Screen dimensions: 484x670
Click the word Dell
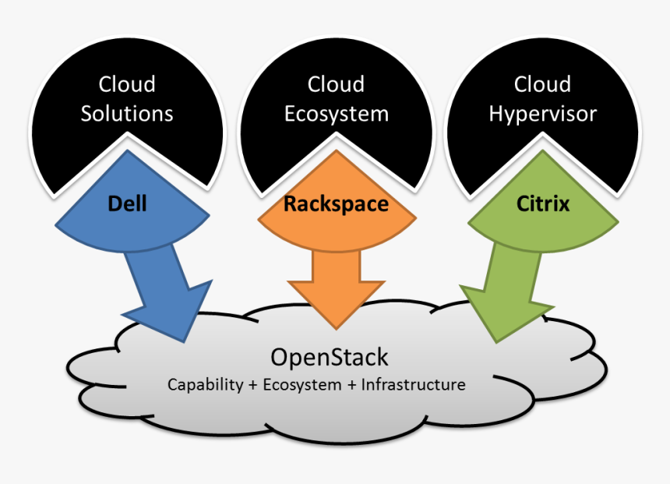127,205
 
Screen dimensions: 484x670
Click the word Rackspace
336,205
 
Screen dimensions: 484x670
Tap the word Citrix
543,205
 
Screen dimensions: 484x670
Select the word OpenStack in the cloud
329,358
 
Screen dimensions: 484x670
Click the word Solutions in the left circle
127,114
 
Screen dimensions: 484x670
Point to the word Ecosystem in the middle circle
336,114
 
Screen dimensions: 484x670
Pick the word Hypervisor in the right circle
542,114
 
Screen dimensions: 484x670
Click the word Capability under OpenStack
205,385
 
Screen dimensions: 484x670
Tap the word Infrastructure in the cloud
413,385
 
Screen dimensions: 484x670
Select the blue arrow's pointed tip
186,341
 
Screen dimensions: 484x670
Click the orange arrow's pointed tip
336,327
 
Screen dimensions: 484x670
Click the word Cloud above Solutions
127,84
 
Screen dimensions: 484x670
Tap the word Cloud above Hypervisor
542,84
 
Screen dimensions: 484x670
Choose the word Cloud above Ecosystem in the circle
336,84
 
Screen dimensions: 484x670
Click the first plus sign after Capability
253,386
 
